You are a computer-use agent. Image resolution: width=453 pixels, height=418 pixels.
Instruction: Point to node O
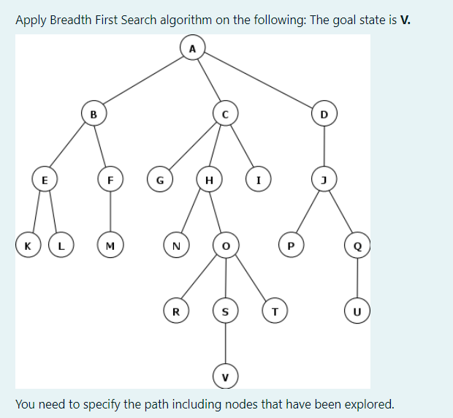point(225,246)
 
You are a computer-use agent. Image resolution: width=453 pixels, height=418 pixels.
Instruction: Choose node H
point(209,180)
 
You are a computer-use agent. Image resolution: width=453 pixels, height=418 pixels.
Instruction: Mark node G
point(159,180)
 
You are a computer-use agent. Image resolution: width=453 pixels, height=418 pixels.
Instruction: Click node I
point(258,180)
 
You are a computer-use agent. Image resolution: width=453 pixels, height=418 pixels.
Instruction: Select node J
point(324,180)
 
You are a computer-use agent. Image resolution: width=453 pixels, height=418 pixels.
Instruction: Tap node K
point(27,246)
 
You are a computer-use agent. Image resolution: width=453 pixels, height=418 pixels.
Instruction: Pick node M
point(110,246)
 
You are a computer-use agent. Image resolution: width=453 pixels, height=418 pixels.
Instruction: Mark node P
point(292,246)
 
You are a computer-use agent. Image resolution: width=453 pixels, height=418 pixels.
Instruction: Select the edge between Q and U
point(357,278)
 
